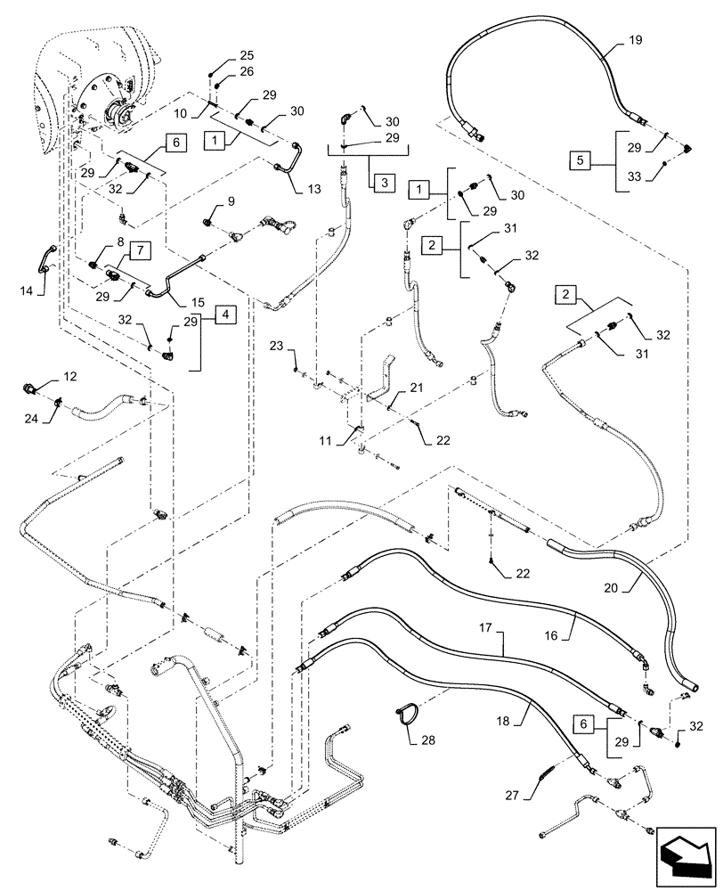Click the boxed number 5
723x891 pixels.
pyautogui.click(x=580, y=160)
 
